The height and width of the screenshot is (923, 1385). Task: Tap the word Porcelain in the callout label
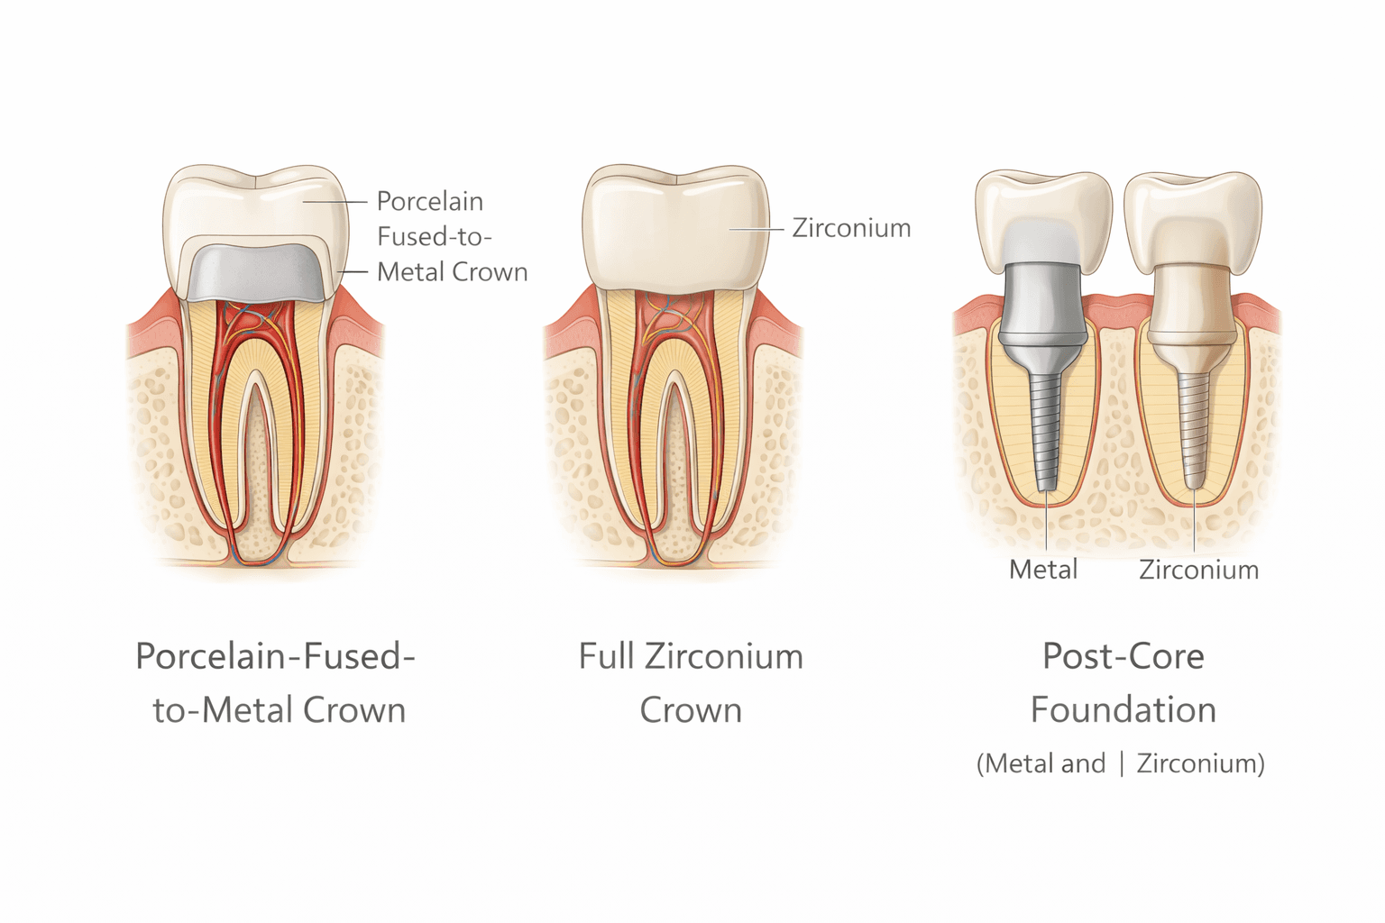(429, 201)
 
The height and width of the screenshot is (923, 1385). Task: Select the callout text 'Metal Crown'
(452, 271)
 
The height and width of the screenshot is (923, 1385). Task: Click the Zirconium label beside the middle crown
(851, 228)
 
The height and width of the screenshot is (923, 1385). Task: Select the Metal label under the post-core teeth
(1043, 570)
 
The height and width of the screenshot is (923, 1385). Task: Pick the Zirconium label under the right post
(1198, 570)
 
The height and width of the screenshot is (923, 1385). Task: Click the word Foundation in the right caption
(1124, 710)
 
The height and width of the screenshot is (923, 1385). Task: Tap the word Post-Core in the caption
(1124, 656)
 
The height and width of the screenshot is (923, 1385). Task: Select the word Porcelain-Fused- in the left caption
(275, 656)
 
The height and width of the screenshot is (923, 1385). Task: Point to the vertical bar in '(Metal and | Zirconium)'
(1122, 763)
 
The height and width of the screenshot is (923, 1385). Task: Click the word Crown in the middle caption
(691, 710)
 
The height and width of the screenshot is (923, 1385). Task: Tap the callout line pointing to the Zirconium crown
(756, 229)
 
